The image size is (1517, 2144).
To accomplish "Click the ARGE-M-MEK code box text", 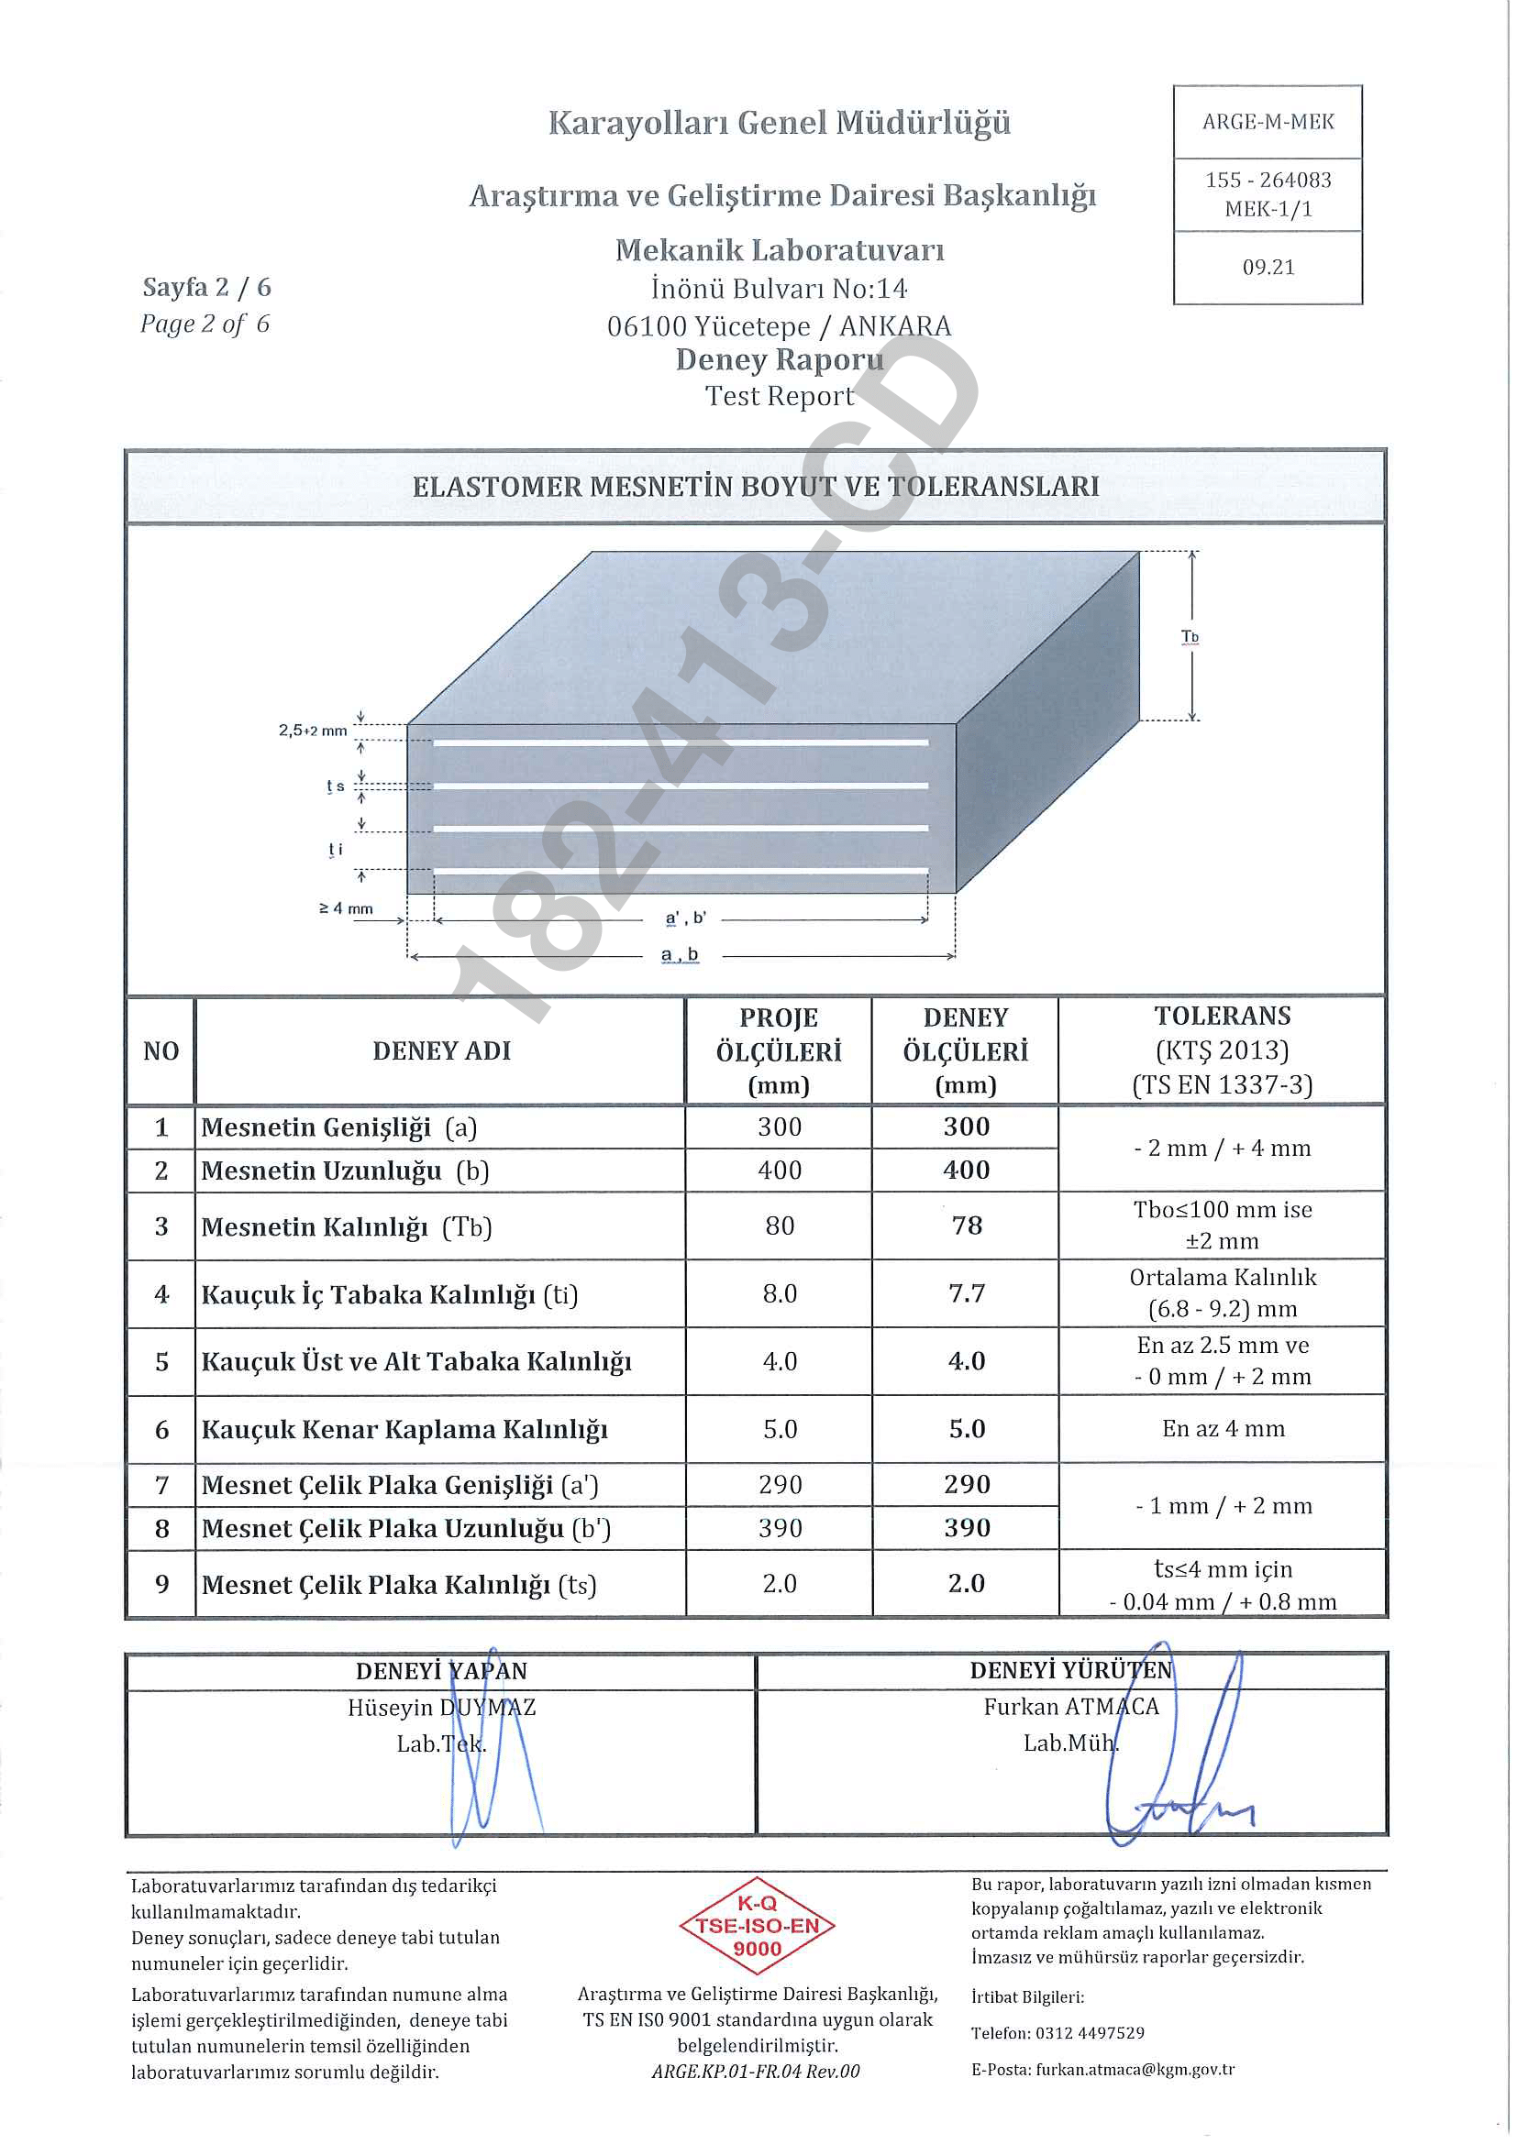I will coord(1268,122).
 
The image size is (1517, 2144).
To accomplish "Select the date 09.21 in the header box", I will coord(1268,268).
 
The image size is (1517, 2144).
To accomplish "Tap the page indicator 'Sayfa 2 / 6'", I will coord(206,288).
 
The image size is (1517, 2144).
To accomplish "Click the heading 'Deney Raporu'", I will coord(779,359).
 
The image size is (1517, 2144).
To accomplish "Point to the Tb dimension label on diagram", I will coord(1190,637).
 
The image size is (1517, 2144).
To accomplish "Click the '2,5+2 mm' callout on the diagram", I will coord(312,731).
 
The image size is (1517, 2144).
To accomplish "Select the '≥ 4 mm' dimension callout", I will coord(346,908).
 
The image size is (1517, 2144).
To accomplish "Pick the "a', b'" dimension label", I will coord(686,918).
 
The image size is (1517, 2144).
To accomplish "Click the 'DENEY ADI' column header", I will coord(441,1051).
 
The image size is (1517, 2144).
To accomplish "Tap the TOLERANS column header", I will coord(1222,1016).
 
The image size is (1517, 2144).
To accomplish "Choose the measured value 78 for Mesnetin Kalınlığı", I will coord(966,1226).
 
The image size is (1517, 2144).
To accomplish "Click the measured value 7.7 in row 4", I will coord(966,1294).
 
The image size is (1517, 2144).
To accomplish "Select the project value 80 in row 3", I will coord(779,1226).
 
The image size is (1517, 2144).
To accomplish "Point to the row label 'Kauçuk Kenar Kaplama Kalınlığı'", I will coord(404,1430).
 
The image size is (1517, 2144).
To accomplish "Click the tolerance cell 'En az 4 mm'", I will coord(1223,1429).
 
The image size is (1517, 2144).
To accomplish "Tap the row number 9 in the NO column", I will coord(161,1585).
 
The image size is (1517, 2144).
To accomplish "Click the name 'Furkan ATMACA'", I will coord(1070,1707).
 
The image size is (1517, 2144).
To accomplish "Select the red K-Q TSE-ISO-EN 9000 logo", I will coord(757,1927).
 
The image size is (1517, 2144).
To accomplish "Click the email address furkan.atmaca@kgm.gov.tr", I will coord(1134,2070).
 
